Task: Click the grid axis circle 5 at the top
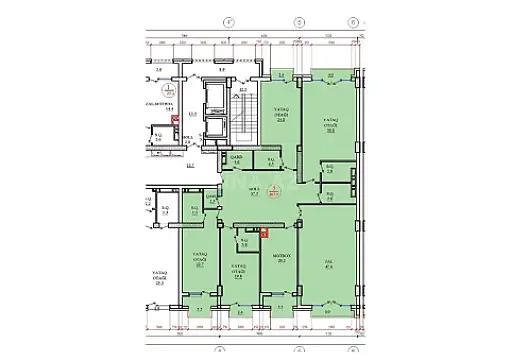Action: click(290, 20)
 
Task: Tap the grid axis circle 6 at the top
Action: click(354, 20)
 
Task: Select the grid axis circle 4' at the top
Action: click(227, 20)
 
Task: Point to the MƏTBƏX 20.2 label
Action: click(282, 258)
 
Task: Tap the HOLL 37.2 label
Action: click(254, 194)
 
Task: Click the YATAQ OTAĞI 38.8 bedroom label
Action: click(329, 124)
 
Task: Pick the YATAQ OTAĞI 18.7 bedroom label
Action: click(200, 263)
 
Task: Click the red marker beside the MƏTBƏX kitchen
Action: click(265, 234)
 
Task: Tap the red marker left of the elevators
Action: click(175, 123)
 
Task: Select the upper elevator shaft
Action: click(213, 101)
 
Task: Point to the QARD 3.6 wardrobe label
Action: click(238, 160)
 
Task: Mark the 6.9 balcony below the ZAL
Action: click(329, 313)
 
